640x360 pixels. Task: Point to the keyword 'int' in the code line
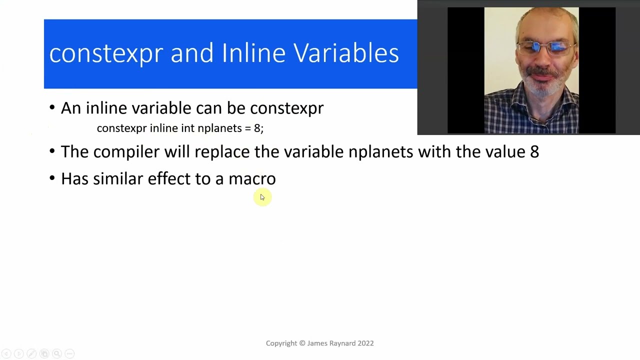coord(187,128)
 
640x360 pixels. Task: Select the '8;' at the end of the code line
coord(258,128)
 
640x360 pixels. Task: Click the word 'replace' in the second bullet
coord(221,152)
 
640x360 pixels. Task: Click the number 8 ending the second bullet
coord(534,151)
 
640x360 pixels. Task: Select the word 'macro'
coord(252,178)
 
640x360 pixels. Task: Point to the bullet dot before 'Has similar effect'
coord(52,178)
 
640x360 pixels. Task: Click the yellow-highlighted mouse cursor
coord(262,197)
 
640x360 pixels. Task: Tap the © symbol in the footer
coord(302,343)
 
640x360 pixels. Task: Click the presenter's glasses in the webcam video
coord(543,48)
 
